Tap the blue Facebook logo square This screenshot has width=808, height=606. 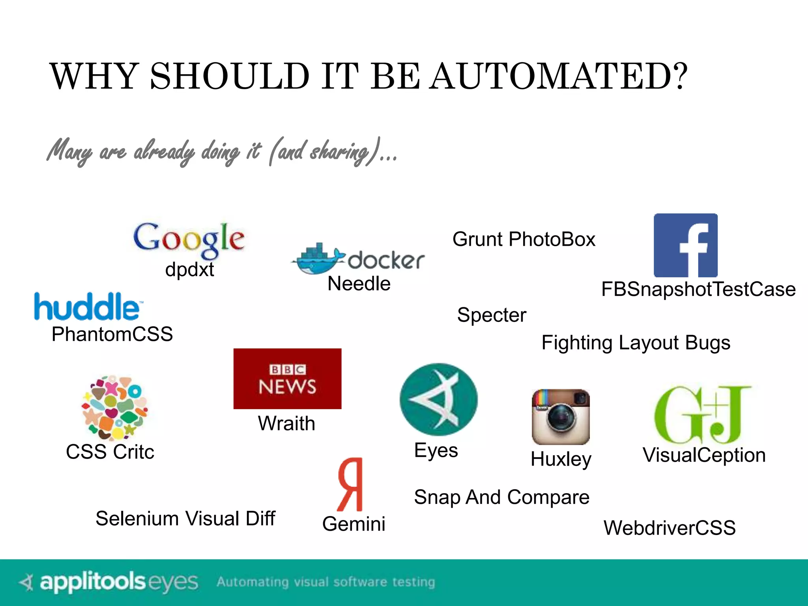pos(685,245)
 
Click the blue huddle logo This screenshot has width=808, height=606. pos(88,307)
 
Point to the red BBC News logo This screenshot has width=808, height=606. pos(287,378)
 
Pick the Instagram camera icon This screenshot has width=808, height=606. pos(561,417)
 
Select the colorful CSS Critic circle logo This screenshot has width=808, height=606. pos(114,407)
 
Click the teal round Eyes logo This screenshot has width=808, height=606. pos(438,399)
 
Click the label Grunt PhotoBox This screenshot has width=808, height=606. pos(524,239)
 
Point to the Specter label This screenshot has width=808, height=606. pos(492,315)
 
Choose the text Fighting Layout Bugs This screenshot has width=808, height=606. pos(636,342)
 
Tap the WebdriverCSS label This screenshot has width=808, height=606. pos(670,527)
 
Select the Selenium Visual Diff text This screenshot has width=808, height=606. pos(185,518)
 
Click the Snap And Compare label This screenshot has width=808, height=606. pos(501,497)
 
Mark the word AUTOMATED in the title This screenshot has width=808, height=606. pos(559,76)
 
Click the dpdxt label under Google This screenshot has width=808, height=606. pos(189,269)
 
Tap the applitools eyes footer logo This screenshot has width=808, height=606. pos(109,582)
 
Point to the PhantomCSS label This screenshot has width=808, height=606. pos(112,334)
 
